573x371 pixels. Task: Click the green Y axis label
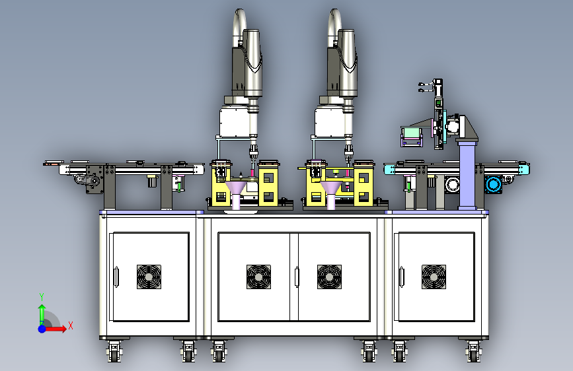click(x=42, y=296)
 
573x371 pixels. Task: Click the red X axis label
click(x=71, y=325)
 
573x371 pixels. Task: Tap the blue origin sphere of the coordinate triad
click(x=42, y=329)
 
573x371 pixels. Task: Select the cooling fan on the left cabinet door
click(x=149, y=277)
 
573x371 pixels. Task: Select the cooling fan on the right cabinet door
click(x=434, y=277)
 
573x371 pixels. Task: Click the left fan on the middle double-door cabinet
click(x=258, y=277)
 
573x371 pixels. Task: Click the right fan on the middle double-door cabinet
click(x=329, y=277)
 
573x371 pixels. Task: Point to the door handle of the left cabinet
click(x=116, y=277)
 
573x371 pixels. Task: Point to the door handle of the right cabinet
click(x=401, y=277)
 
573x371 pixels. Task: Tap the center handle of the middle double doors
click(x=297, y=277)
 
